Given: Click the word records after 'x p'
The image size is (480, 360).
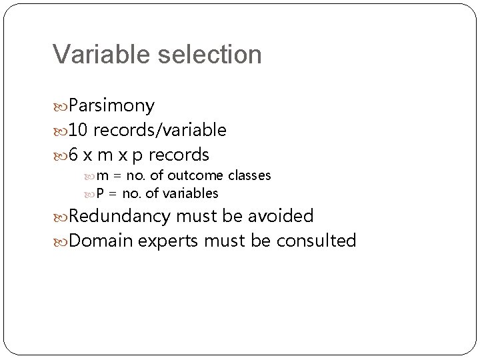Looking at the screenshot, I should pos(179,155).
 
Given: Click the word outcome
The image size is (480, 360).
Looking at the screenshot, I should pos(198,176).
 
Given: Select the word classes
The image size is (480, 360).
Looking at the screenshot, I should pos(249,176).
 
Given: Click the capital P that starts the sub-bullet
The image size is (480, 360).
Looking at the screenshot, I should pos(101,194).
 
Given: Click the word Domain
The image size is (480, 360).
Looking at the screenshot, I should pos(102,240).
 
